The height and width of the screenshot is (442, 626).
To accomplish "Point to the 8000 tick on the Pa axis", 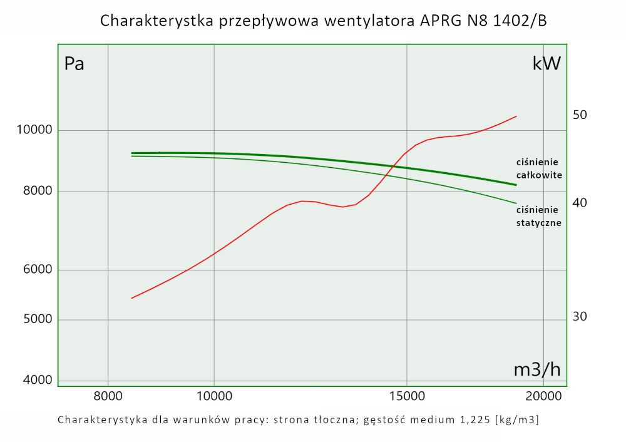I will [x=32, y=192].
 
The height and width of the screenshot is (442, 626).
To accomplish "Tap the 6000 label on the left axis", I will [x=32, y=270].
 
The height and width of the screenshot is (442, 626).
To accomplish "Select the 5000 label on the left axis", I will [x=32, y=320].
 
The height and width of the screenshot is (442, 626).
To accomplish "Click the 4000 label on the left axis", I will [x=32, y=381].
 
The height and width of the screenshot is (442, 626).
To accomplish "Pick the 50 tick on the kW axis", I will [x=580, y=115].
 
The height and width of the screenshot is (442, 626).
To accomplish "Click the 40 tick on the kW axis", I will [x=580, y=203].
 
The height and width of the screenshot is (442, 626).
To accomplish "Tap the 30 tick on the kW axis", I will [x=580, y=317].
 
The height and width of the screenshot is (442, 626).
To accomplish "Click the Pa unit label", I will [x=74, y=63].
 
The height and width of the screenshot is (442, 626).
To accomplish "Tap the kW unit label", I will [x=546, y=63].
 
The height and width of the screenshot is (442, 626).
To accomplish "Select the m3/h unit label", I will [x=536, y=370].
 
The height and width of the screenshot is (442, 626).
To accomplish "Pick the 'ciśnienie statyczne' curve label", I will [x=538, y=215].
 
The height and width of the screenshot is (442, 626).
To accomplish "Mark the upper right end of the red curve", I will [x=516, y=116].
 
